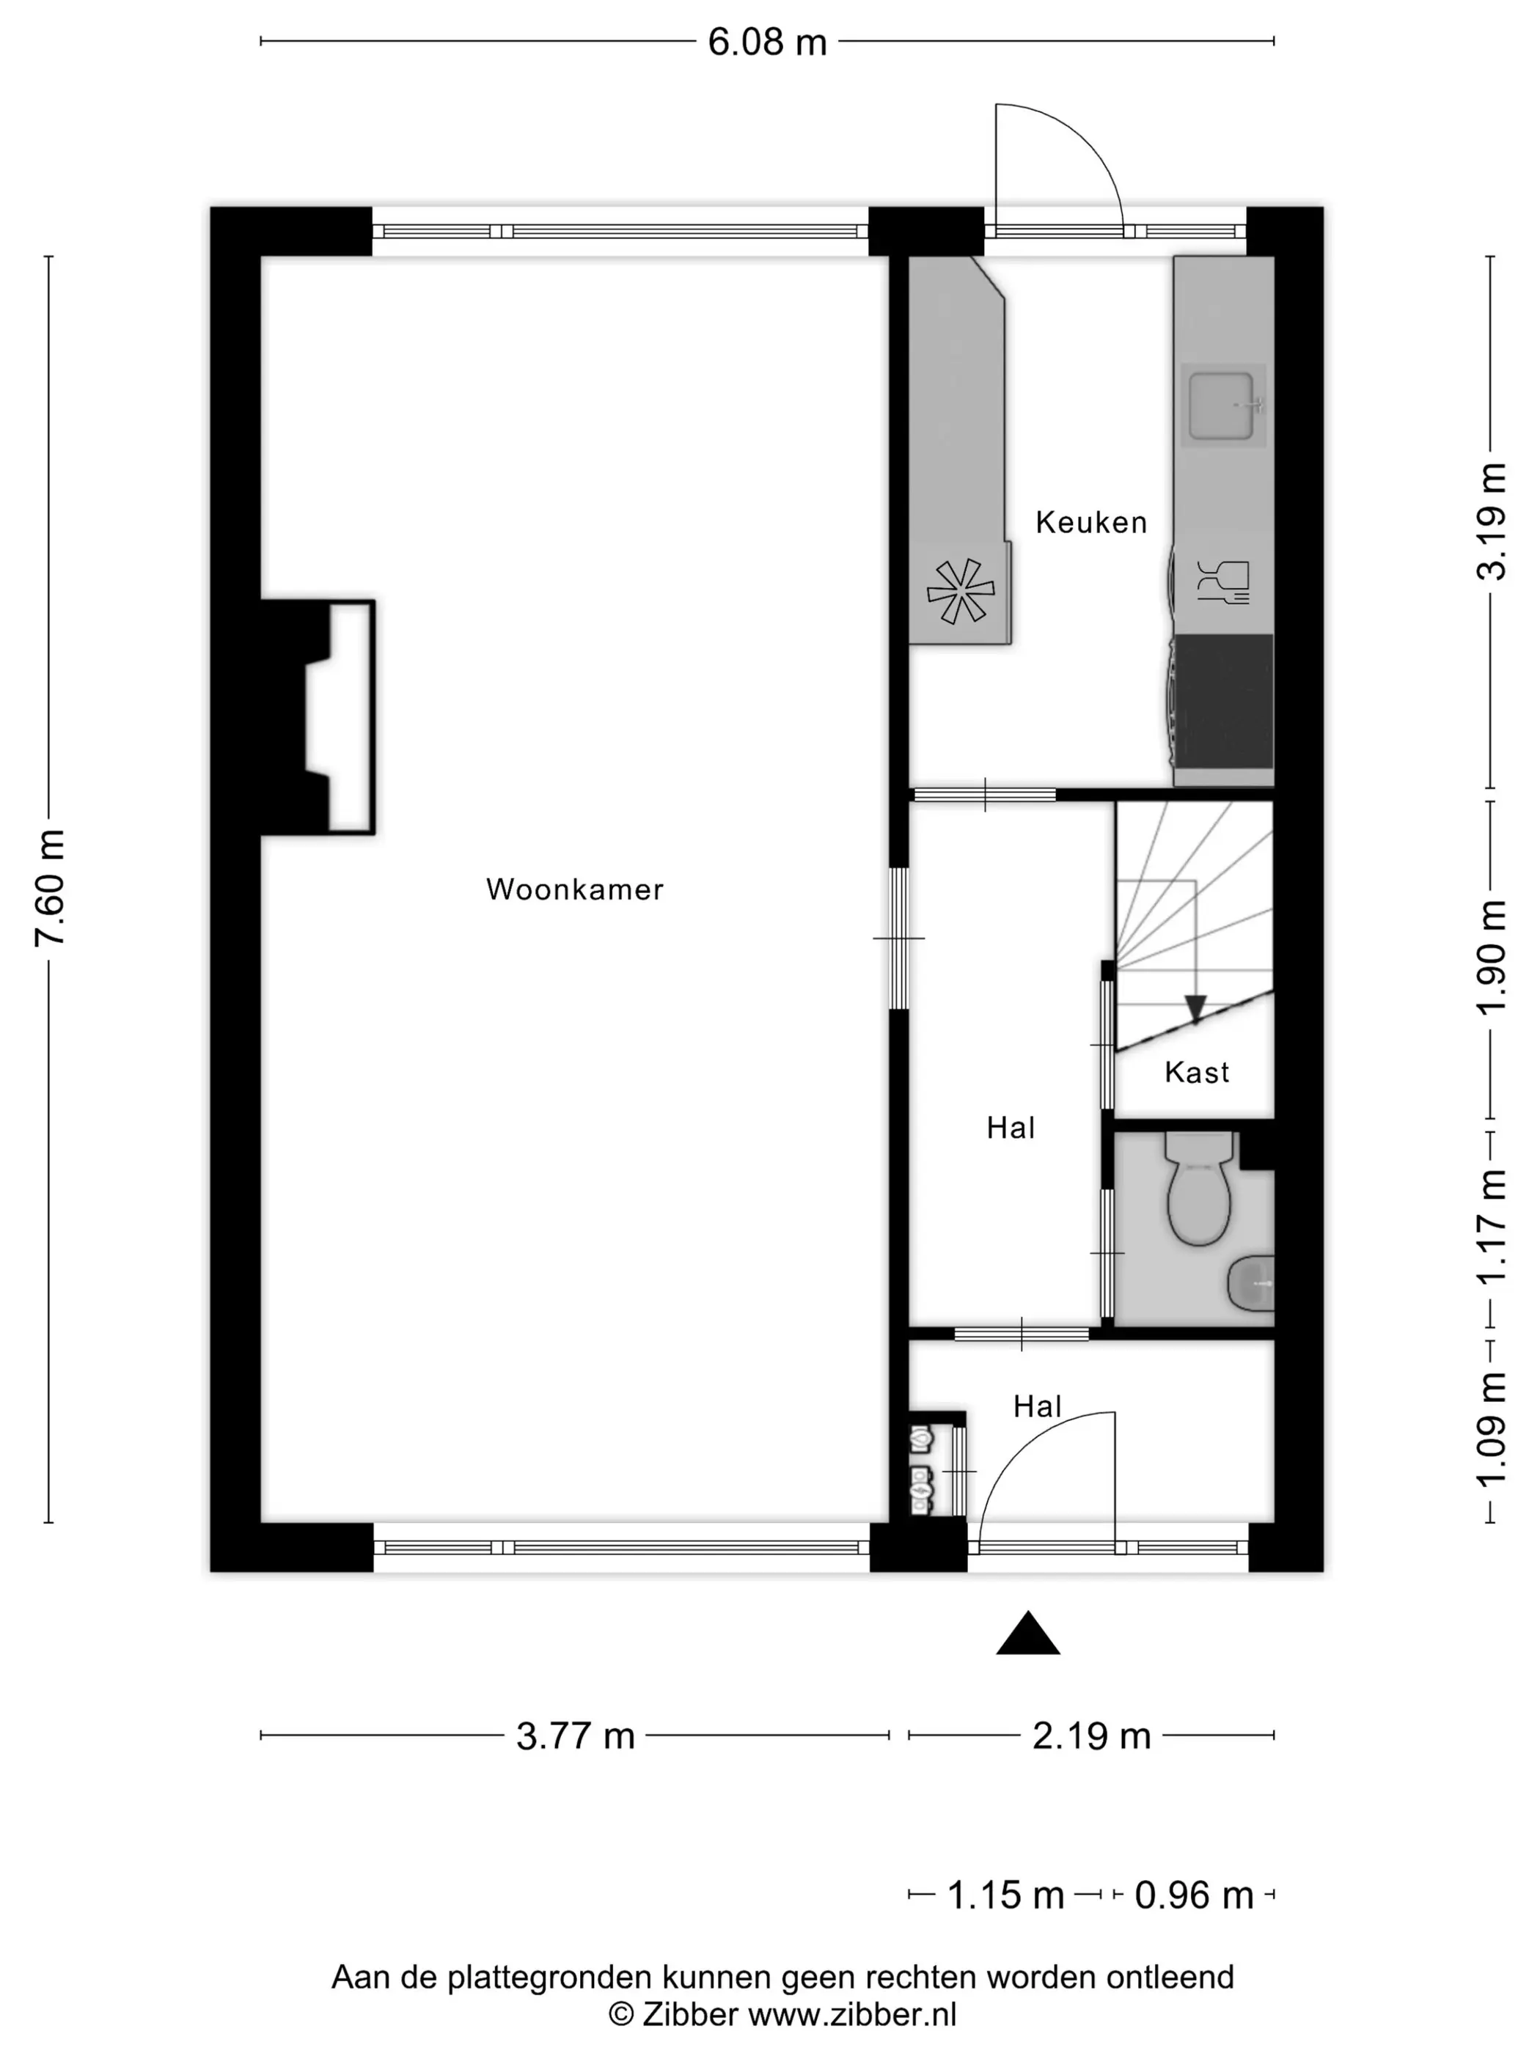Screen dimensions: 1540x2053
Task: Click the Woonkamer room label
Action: click(575, 889)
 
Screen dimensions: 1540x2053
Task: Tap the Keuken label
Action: click(1090, 523)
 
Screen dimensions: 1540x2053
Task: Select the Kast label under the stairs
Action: click(1197, 1073)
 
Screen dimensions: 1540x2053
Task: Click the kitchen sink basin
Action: click(1222, 405)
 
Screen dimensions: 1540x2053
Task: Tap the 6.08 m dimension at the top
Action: click(767, 42)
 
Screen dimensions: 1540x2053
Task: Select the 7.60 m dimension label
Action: click(49, 888)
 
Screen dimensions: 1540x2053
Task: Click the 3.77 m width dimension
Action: click(575, 1736)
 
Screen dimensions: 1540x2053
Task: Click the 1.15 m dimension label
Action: click(1005, 1895)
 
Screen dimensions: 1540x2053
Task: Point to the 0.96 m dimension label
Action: click(1194, 1895)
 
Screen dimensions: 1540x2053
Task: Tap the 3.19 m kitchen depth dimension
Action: click(1491, 521)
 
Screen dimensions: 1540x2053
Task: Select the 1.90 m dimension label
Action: click(1491, 958)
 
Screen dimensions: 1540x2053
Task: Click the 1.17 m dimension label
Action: click(1491, 1226)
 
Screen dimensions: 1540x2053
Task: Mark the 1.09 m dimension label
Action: click(1491, 1429)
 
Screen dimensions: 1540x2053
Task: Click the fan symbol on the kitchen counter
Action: click(960, 591)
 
